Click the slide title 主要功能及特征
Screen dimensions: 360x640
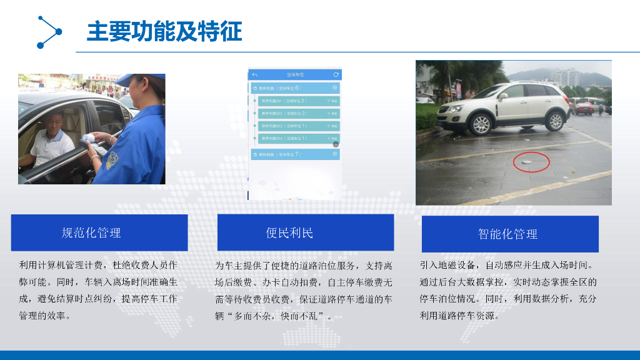[x=164, y=31]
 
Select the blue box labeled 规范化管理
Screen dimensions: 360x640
[x=99, y=232]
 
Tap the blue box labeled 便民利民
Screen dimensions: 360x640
[x=305, y=232]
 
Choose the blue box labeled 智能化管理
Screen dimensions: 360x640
[x=510, y=234]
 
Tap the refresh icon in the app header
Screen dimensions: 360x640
[x=336, y=74]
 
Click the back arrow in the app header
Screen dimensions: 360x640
[x=255, y=74]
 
